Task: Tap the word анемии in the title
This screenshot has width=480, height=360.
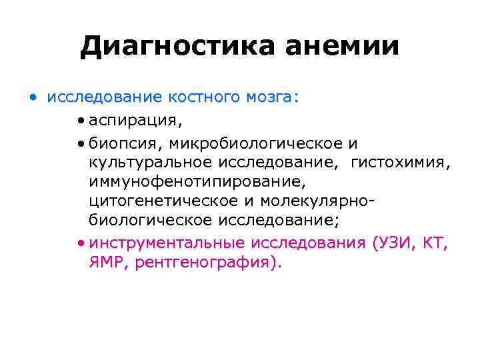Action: pyautogui.click(x=343, y=47)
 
